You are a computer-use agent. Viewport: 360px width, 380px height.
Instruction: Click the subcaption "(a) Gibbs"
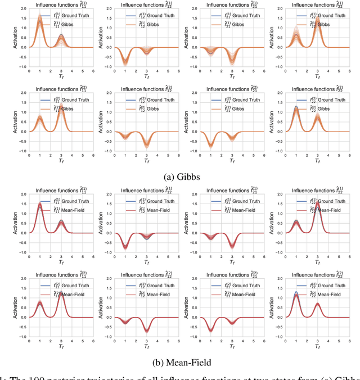180,177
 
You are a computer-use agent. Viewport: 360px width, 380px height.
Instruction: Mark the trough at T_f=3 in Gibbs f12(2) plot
146,144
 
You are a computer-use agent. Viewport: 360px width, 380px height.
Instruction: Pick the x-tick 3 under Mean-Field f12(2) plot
146,342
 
